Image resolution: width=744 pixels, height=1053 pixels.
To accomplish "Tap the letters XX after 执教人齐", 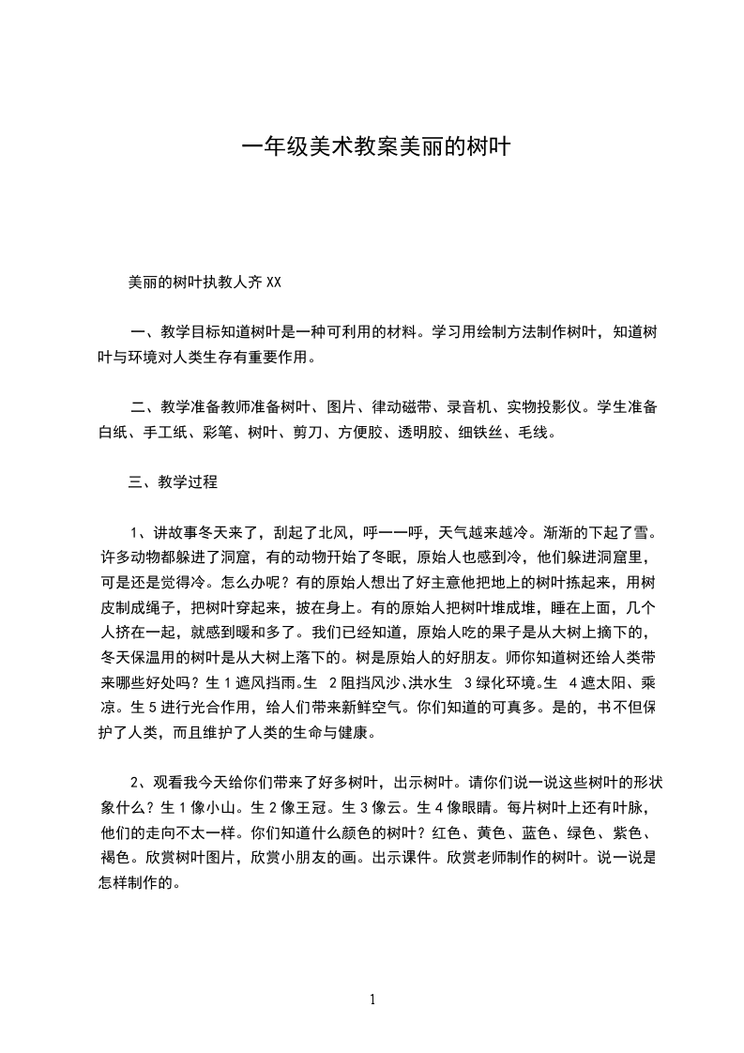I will coord(274,281).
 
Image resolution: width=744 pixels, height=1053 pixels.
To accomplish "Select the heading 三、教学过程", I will coord(173,482).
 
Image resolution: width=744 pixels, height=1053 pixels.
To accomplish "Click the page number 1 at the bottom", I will coord(372,1000).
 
